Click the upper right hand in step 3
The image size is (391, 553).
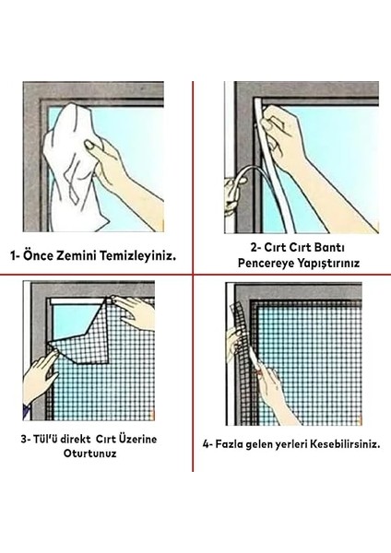[138, 313]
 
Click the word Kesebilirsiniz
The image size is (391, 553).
[331, 442]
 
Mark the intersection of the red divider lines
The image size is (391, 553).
[193, 274]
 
